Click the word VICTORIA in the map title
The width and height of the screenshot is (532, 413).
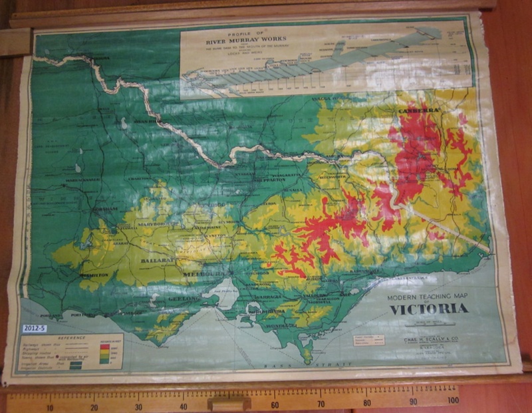pos(428,309)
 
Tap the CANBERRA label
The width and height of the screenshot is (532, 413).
pos(420,109)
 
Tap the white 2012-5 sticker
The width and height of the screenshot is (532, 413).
pos(34,328)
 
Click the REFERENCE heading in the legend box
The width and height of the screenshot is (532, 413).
pos(71,337)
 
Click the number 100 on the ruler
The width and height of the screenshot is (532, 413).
pos(453,400)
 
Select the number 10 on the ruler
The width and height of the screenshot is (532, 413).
pos(49,407)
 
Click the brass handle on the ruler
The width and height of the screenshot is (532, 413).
pos(229,402)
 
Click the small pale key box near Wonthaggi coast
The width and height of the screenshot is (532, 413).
pos(369,340)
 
